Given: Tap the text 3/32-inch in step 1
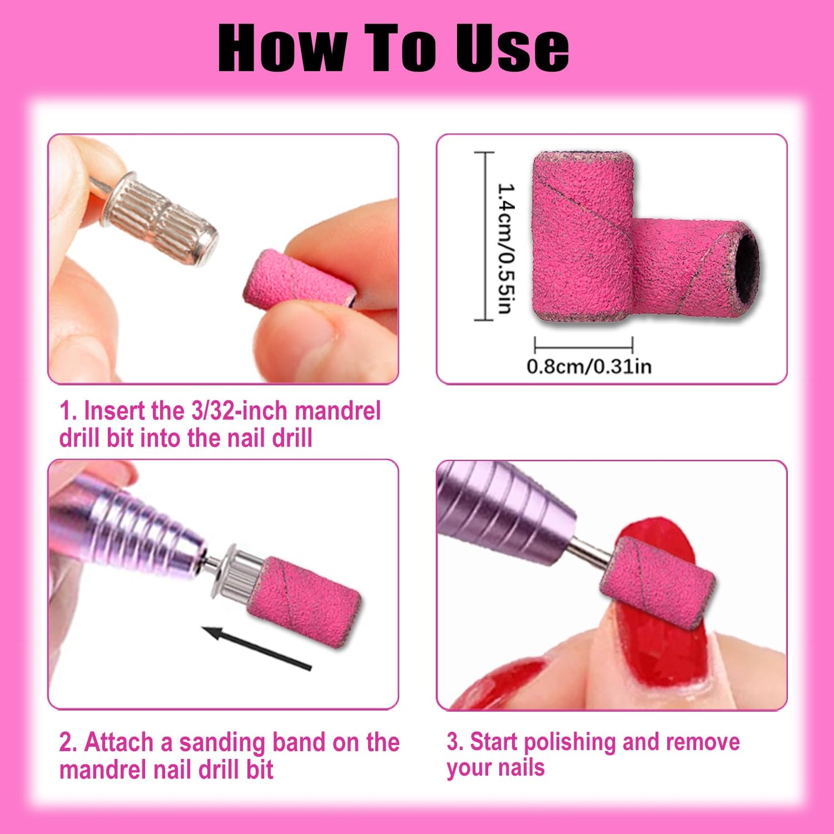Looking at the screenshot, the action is pos(240,410).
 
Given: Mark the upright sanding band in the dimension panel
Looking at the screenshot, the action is pos(582,237).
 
